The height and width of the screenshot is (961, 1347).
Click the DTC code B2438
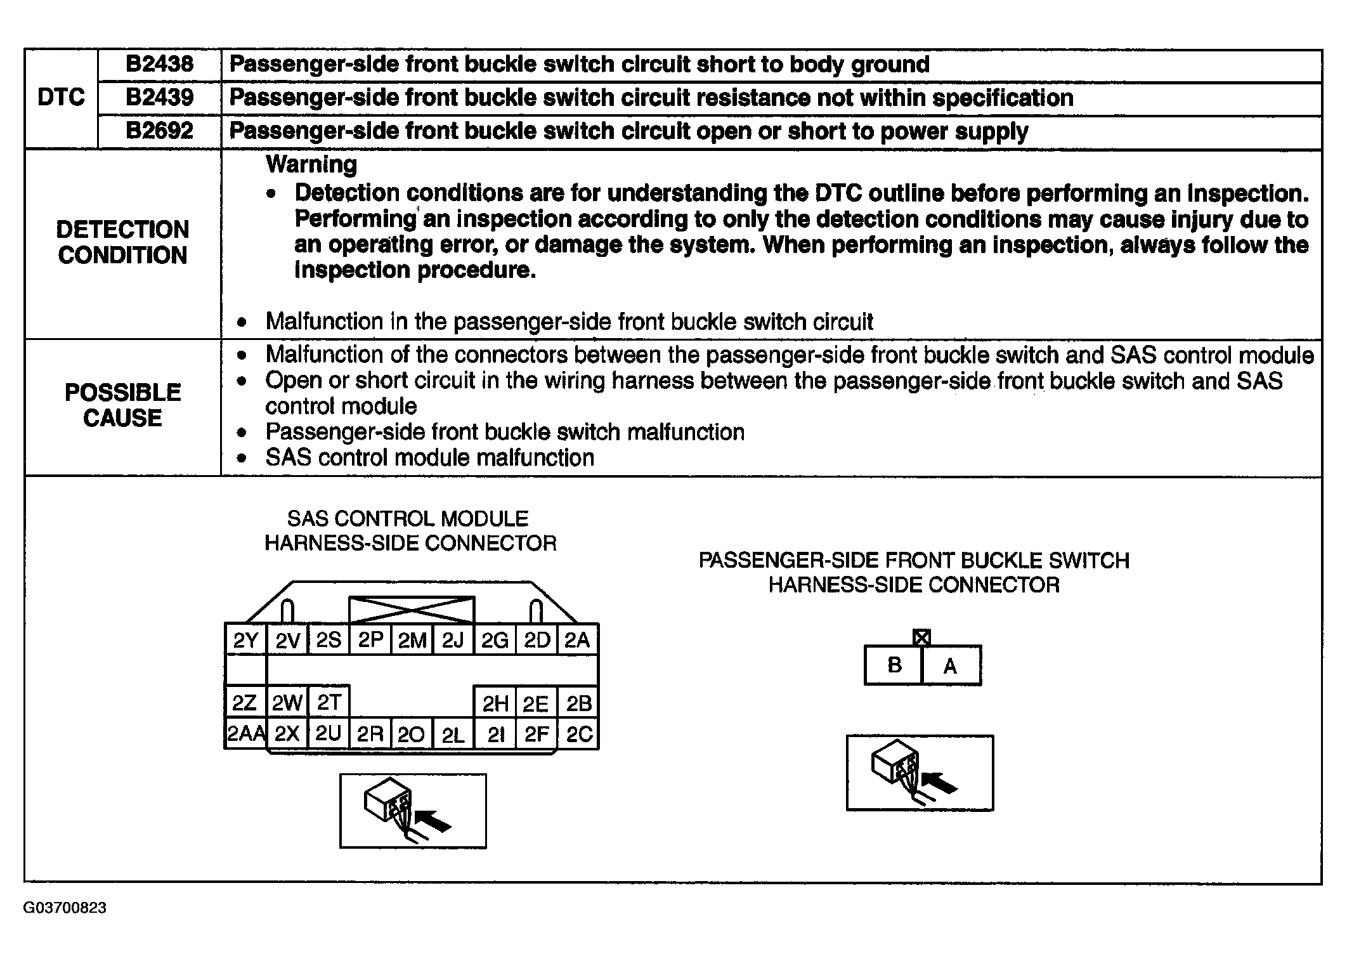click(159, 64)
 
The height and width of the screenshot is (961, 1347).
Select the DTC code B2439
click(159, 98)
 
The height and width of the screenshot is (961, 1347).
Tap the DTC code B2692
click(159, 131)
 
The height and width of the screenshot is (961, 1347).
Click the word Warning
click(311, 164)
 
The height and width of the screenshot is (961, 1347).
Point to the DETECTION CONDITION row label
click(122, 242)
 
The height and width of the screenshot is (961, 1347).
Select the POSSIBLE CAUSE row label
click(122, 405)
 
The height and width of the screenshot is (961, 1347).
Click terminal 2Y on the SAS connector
click(245, 641)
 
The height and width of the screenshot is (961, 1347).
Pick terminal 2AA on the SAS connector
click(246, 734)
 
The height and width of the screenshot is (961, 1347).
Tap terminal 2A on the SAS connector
click(577, 641)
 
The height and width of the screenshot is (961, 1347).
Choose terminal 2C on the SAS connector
click(578, 734)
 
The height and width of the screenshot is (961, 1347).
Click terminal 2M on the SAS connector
click(412, 641)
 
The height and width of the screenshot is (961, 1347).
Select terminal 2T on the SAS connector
click(329, 702)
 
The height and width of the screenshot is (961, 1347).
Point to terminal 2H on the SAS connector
click(495, 703)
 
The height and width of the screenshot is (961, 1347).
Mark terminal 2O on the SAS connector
click(411, 735)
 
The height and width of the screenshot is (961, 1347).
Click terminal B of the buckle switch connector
click(894, 665)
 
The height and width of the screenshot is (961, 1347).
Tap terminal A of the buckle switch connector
click(950, 665)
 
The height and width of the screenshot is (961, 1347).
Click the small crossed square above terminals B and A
click(921, 637)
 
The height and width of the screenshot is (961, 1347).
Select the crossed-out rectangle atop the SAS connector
click(412, 609)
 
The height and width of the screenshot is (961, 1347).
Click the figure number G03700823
click(65, 908)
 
